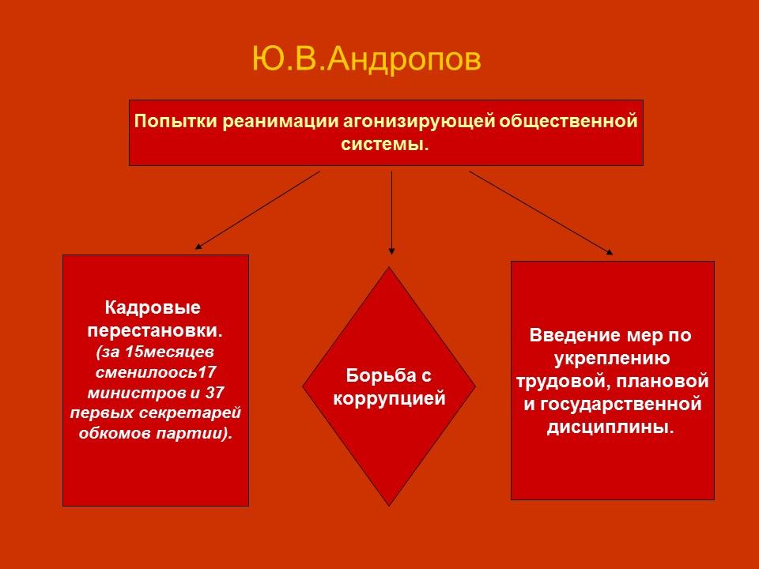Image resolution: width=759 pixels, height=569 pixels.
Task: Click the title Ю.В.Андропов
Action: click(x=366, y=60)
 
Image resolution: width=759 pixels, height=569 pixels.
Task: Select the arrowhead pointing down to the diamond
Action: click(x=391, y=251)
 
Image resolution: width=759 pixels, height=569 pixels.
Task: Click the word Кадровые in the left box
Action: click(x=153, y=307)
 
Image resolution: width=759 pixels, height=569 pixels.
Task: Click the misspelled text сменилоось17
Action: click(x=156, y=371)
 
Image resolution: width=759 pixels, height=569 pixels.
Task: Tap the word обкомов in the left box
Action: click(x=111, y=434)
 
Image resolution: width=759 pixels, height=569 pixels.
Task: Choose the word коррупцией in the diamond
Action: click(x=389, y=398)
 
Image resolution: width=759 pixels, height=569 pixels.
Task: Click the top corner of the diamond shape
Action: click(x=389, y=269)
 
